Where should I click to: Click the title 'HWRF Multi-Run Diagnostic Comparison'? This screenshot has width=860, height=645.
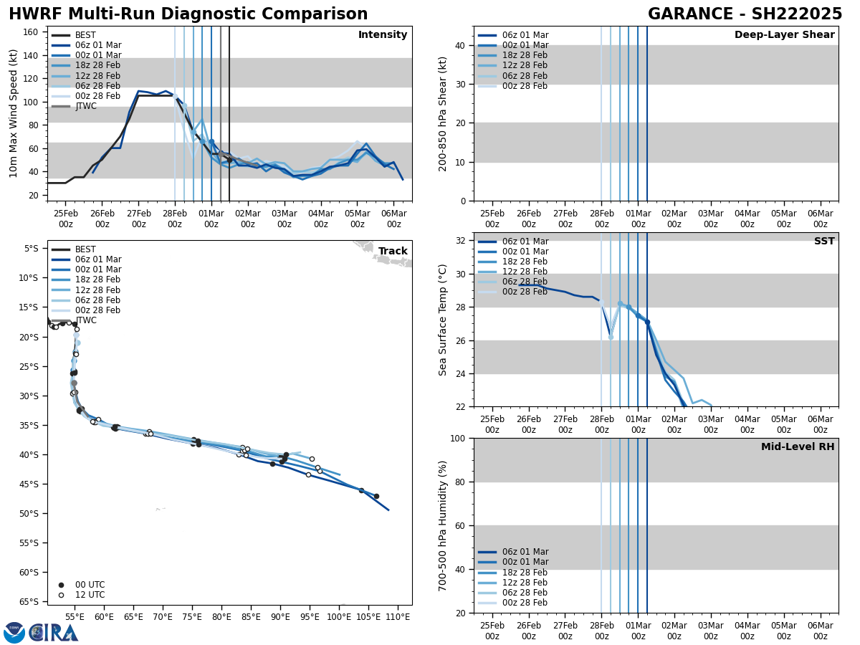188,14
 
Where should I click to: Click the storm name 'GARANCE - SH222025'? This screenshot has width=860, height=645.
745,14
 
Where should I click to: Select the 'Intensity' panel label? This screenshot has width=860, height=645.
383,35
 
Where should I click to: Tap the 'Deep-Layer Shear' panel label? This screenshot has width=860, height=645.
784,35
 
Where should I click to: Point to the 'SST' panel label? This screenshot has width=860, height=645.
824,242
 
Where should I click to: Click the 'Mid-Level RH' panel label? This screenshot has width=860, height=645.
798,447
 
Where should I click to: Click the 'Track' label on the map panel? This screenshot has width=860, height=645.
393,252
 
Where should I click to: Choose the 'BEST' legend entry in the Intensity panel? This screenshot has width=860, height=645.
85,35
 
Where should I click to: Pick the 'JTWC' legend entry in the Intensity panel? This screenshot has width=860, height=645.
85,106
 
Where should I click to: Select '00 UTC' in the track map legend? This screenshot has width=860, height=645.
90,585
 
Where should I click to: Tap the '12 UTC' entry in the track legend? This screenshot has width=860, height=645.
90,595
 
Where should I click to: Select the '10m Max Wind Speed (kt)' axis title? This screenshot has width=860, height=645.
14,113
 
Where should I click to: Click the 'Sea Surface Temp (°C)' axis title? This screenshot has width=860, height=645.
444,320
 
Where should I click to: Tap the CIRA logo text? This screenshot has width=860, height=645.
52,633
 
